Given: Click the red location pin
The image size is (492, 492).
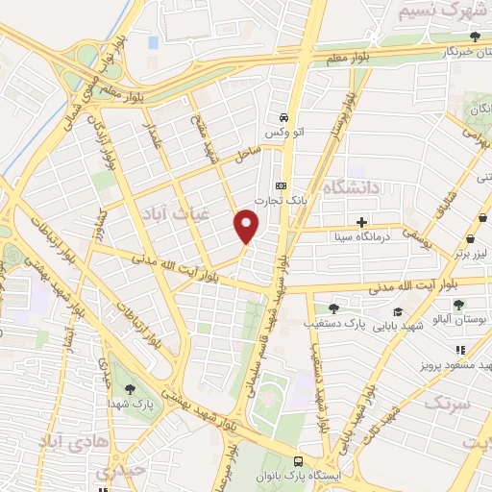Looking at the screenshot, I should [247, 226].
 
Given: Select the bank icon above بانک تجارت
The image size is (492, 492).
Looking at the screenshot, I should [281, 185].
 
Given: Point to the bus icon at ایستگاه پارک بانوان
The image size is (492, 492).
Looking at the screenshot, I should [299, 460].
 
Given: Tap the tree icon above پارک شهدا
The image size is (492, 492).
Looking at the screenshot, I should [130, 389].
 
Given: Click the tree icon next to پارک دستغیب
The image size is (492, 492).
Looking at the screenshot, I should [332, 308].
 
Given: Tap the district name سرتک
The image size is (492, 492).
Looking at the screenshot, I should [451, 404].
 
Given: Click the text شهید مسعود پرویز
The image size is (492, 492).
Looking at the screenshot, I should [455, 367].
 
